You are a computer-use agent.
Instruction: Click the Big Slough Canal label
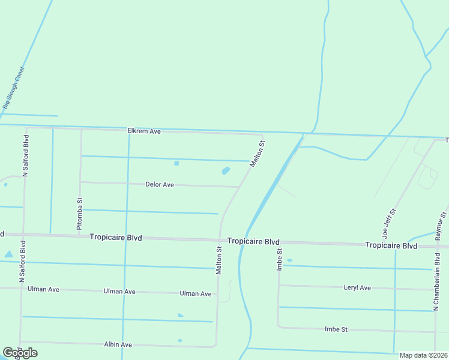coord(13,87)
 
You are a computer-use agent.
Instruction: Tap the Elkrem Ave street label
coord(144,131)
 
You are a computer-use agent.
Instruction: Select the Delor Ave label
coord(160,185)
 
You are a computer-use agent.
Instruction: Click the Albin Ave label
coord(118,345)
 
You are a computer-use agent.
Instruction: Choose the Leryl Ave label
coord(357,288)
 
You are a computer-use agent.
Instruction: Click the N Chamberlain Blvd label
coord(436,285)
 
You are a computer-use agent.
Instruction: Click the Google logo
coord(20,352)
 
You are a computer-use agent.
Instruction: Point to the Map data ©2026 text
coord(423,355)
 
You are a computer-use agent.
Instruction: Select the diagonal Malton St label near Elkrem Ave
coord(257,154)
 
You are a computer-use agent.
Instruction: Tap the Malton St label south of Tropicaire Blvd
coord(219,259)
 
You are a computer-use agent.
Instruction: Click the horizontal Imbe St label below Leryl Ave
coord(336,329)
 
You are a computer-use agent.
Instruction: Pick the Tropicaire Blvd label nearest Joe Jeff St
coord(391,246)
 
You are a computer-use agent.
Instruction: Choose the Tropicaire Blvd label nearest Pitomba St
coord(116,238)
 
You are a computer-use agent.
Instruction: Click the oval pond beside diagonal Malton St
coord(226,171)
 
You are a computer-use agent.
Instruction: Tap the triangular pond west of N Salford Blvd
coord(8,254)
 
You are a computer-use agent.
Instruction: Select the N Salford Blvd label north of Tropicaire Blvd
coord(26,156)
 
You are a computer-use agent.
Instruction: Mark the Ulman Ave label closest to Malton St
coord(196,294)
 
